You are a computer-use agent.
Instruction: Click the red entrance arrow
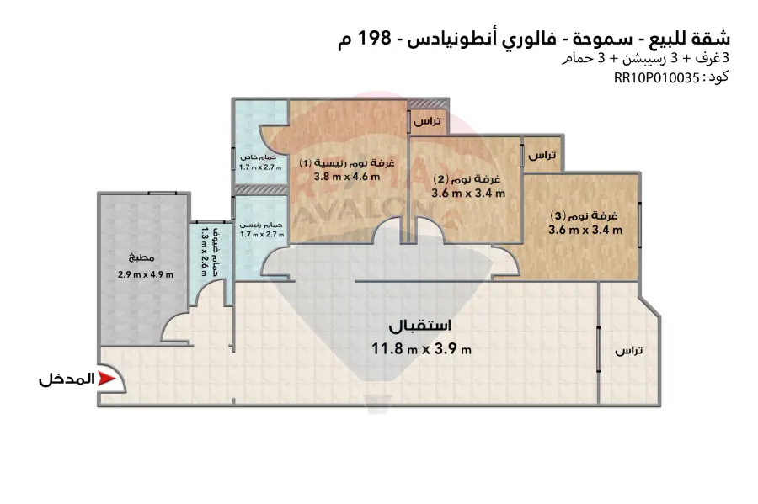pyautogui.click(x=106, y=379)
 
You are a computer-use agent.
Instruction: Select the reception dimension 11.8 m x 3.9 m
pyautogui.click(x=421, y=348)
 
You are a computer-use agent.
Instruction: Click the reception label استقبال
pyautogui.click(x=420, y=326)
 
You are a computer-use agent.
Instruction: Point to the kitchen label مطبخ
pyautogui.click(x=141, y=257)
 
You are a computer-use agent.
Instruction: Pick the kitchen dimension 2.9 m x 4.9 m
pyautogui.click(x=146, y=274)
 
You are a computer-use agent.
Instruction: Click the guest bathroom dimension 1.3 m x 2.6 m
pyautogui.click(x=204, y=252)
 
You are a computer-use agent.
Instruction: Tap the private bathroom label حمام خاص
pyautogui.click(x=259, y=157)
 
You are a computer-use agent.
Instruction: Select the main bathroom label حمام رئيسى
pyautogui.click(x=261, y=225)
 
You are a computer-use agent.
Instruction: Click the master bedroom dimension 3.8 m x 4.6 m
pyautogui.click(x=347, y=177)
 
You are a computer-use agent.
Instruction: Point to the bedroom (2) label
pyautogui.click(x=467, y=179)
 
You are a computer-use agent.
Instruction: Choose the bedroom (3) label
pyautogui.click(x=585, y=215)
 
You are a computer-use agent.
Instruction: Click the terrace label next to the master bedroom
pyautogui.click(x=427, y=120)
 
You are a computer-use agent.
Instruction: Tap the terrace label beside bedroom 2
pyautogui.click(x=542, y=155)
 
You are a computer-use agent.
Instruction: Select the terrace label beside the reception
pyautogui.click(x=628, y=351)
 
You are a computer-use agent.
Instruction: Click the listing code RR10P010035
pyautogui.click(x=656, y=77)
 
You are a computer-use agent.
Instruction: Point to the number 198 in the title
pyautogui.click(x=373, y=38)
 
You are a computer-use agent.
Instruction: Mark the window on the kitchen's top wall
pyautogui.click(x=162, y=194)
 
